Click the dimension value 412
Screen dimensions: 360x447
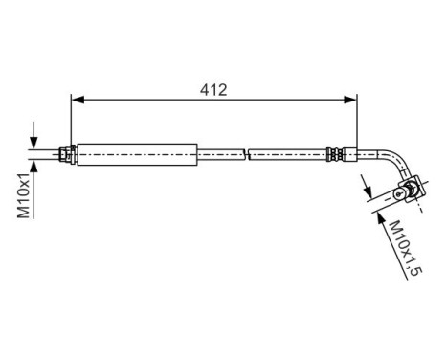point(213,90)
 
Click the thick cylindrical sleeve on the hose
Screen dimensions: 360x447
point(136,152)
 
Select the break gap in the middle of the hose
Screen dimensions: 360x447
point(247,152)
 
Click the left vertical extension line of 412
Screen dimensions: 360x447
point(73,120)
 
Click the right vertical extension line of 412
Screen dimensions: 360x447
point(357,120)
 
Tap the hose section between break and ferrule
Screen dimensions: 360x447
point(287,152)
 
